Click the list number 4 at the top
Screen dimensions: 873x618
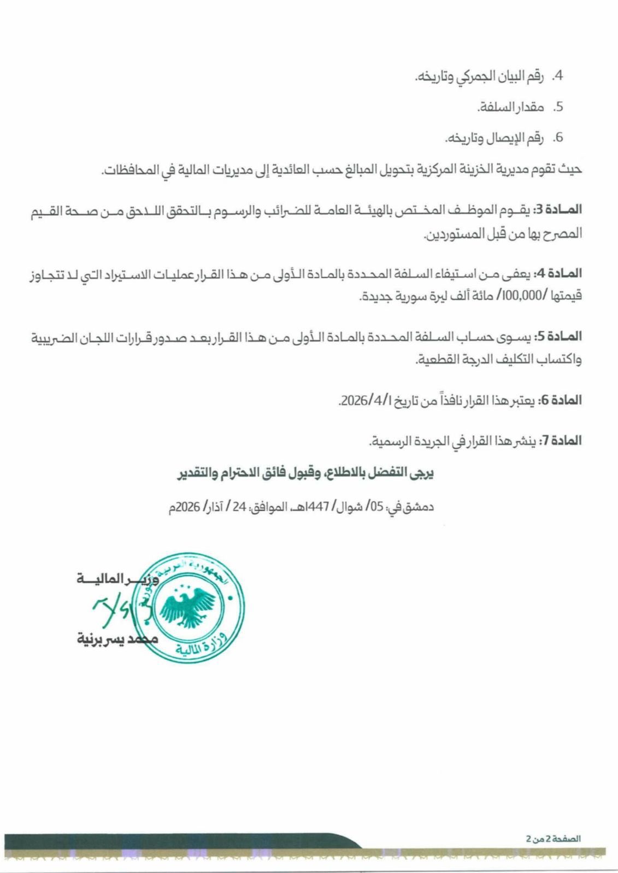coord(558,77)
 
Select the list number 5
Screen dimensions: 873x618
coord(558,107)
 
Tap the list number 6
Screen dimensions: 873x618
coord(558,138)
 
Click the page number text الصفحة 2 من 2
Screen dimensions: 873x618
coord(554,838)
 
